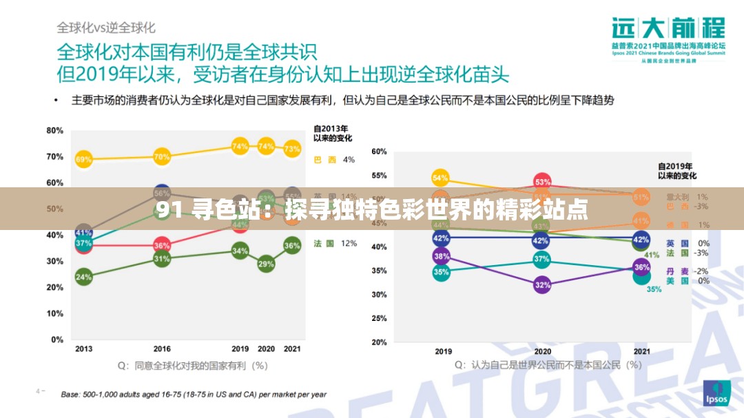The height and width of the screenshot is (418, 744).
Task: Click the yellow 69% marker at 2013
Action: pos(83,160)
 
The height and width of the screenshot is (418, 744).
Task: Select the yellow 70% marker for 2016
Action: pos(162,157)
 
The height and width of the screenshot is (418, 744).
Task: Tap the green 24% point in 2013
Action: pos(83,278)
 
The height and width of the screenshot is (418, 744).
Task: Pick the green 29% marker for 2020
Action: pos(266,264)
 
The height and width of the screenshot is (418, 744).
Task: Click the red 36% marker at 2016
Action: pos(162,245)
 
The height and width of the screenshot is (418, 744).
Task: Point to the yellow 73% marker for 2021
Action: pos(292,148)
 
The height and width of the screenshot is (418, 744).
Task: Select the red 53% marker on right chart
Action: pos(542,182)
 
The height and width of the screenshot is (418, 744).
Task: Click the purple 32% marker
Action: pos(542,284)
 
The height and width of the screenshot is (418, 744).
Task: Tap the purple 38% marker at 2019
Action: pos(441,256)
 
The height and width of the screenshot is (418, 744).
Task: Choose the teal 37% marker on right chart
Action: pos(542,260)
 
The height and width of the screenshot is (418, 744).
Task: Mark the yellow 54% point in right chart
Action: pos(441,178)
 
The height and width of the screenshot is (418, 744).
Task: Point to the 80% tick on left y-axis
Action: pos(55,130)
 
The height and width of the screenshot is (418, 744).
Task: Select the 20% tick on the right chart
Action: pos(379,342)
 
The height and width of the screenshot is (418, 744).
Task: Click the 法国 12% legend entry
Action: pos(335,243)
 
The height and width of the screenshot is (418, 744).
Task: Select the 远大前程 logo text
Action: pos(668,29)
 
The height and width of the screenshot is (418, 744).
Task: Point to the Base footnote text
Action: pos(194,395)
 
